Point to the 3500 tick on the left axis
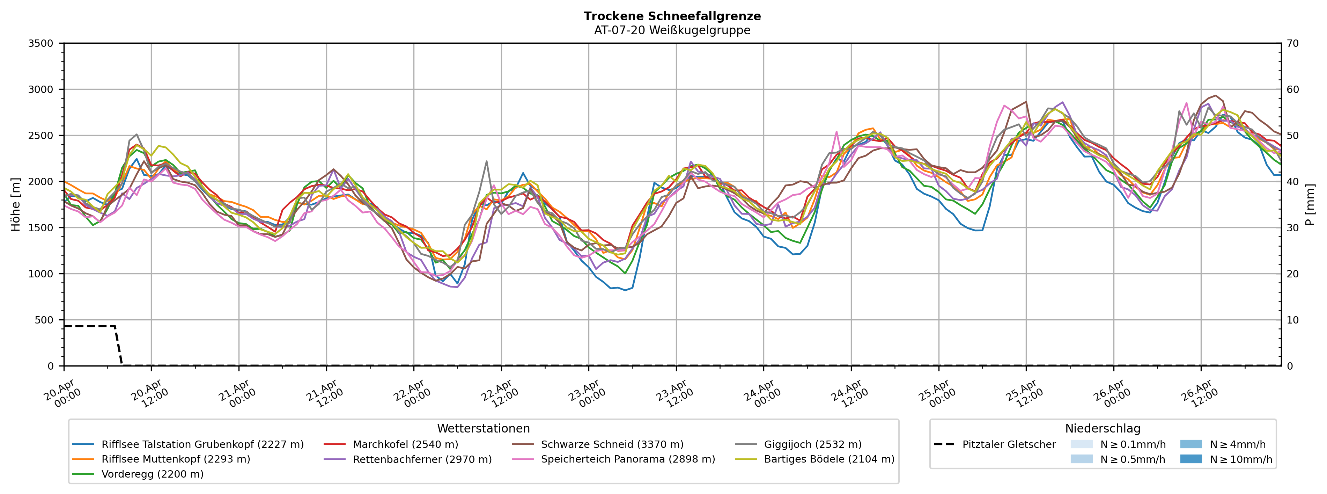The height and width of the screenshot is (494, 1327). (41, 43)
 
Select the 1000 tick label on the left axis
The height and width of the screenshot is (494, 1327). (41, 274)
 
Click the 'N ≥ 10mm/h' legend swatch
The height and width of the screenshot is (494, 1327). (1190, 459)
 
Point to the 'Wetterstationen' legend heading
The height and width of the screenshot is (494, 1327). (483, 429)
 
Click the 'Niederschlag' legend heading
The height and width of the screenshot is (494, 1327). (1103, 429)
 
